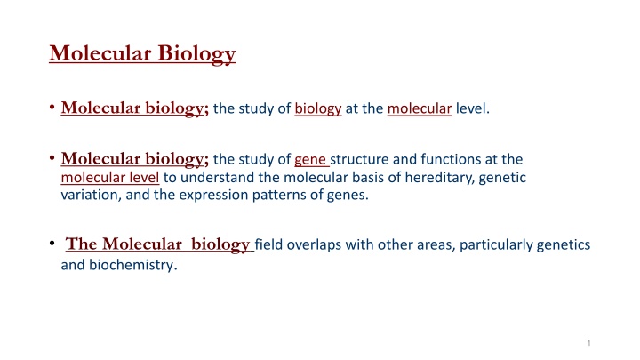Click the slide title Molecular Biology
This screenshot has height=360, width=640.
142,54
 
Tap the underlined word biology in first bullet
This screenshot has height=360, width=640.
318,109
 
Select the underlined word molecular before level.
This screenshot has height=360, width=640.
420,108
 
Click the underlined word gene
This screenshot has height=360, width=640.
310,160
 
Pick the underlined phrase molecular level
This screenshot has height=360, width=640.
110,178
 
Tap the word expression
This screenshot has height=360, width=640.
213,196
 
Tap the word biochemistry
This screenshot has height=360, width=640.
133,265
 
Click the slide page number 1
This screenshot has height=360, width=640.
588,343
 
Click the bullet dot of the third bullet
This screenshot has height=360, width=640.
52,244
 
